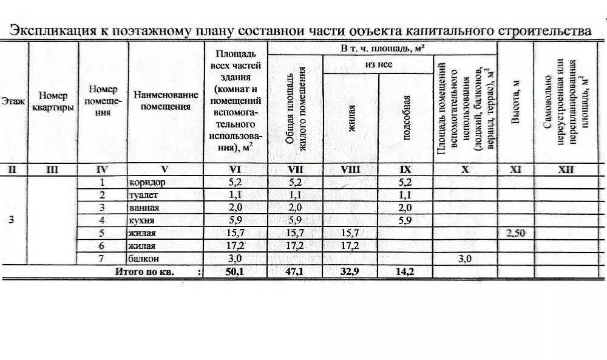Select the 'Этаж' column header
pyautogui.click(x=13, y=102)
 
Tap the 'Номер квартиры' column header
pyautogui.click(x=56, y=101)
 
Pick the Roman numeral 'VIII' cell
pyautogui.click(x=351, y=170)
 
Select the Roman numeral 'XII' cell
pyautogui.click(x=566, y=170)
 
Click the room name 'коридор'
pyautogui.click(x=148, y=182)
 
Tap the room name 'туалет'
pyautogui.click(x=143, y=195)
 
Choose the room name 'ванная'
pyautogui.click(x=143, y=208)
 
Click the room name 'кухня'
pyautogui.click(x=141, y=220)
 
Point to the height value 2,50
pyautogui.click(x=515, y=234)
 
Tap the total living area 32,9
pyautogui.click(x=351, y=272)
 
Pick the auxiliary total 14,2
pyautogui.click(x=406, y=272)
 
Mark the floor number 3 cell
pyautogui.click(x=12, y=220)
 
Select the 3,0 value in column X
pyautogui.click(x=465, y=259)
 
